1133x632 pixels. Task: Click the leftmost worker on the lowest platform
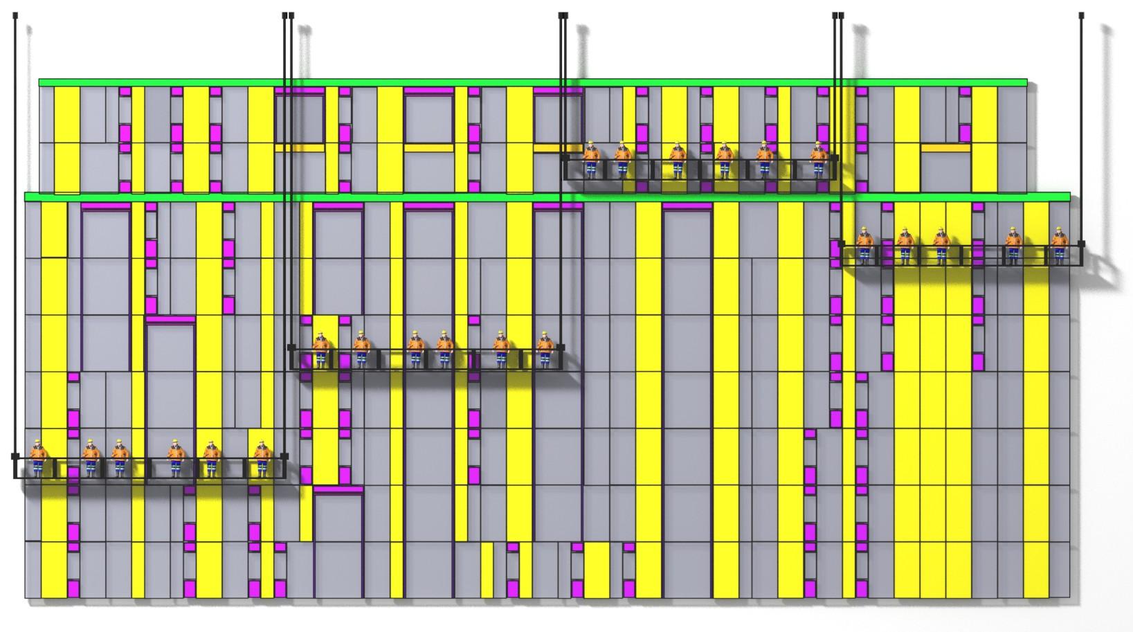37,457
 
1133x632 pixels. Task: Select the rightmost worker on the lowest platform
262,457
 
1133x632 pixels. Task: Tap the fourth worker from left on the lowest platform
175,457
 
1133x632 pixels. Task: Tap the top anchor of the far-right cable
1082,15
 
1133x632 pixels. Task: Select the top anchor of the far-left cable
15,15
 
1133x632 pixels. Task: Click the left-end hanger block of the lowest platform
15,456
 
